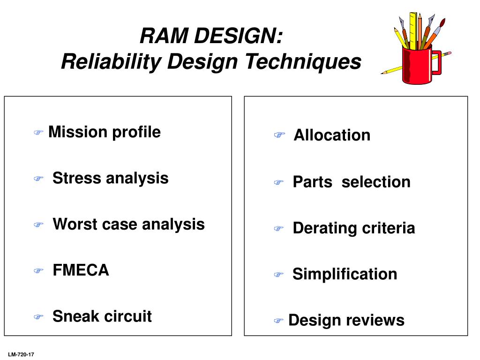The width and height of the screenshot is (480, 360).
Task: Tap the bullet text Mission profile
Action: point(105,132)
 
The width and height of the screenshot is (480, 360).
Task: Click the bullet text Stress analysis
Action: point(110,178)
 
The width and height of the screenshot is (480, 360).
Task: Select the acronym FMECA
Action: point(81,270)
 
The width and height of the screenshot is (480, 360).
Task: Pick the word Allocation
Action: point(332,135)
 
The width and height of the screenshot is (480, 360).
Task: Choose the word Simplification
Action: point(345,274)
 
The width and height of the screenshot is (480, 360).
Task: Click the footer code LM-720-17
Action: point(21,355)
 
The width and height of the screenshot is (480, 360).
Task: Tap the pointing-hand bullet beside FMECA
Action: point(38,270)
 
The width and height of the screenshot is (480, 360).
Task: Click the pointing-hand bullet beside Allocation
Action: point(279,135)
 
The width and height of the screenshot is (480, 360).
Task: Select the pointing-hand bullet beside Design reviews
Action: point(278,321)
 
